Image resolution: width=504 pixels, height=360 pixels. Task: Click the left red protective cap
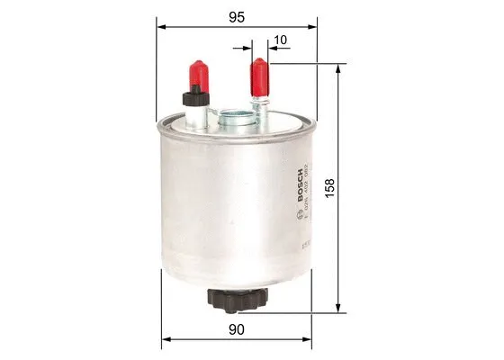pos(196,73)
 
